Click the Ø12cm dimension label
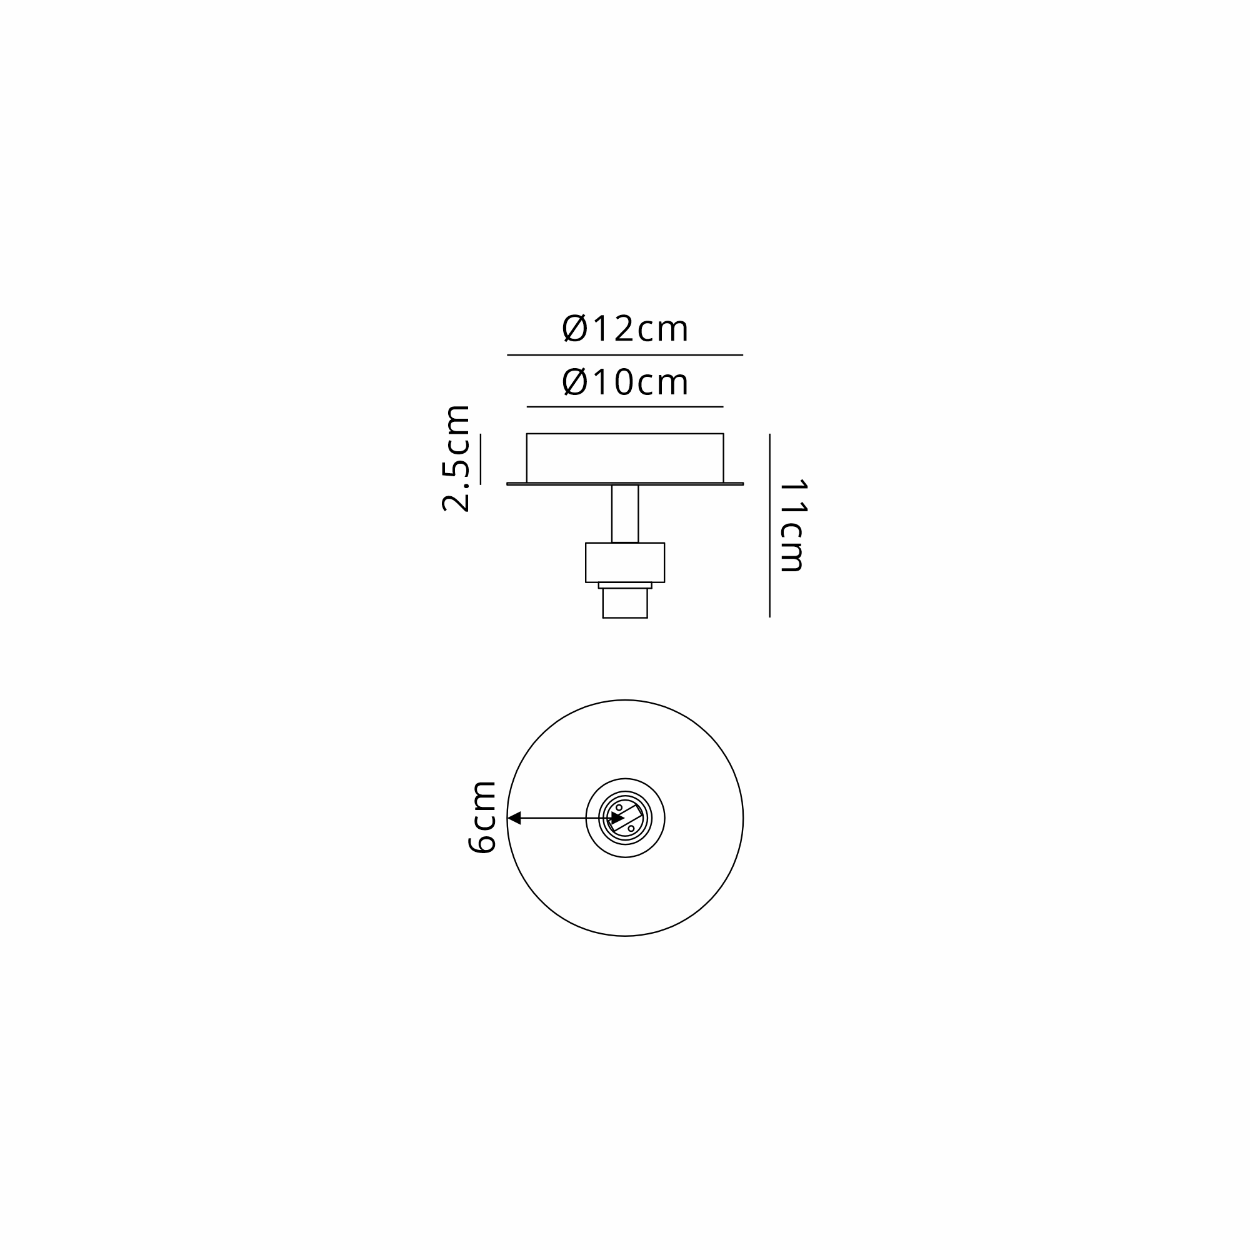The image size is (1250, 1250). tap(625, 328)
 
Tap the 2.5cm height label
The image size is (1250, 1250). tap(456, 459)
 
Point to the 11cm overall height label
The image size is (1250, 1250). tap(792, 526)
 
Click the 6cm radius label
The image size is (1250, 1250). tap(481, 817)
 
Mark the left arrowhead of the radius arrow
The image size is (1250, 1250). tap(514, 819)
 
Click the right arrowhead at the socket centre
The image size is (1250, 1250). tap(618, 819)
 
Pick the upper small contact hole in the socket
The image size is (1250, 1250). tap(619, 807)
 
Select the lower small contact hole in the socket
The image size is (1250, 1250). tap(631, 829)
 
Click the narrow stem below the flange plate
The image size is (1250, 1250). tap(625, 514)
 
